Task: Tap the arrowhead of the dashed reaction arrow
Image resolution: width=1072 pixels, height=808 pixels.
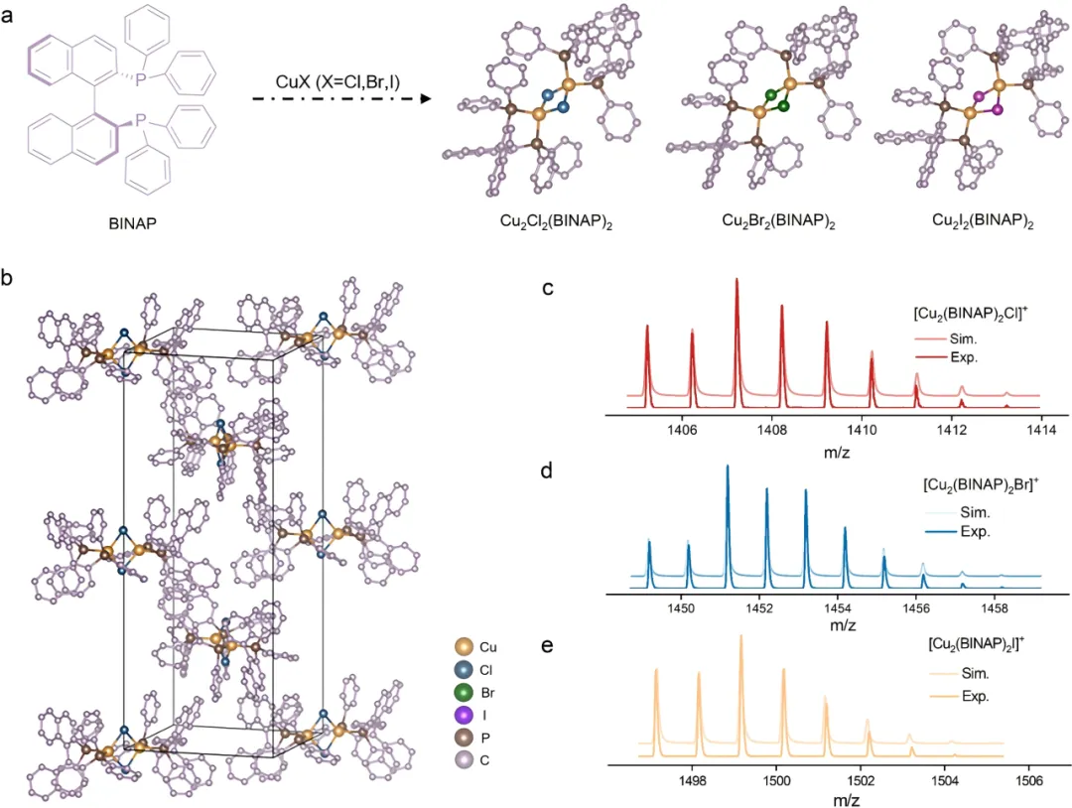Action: (425, 99)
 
